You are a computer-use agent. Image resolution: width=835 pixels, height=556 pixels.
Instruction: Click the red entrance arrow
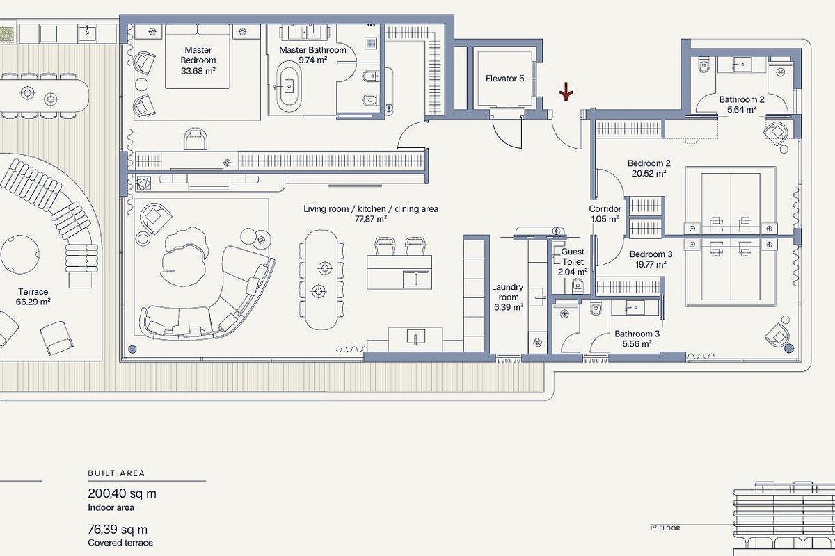point(566,92)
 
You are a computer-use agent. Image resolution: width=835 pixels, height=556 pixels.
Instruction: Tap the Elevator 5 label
point(504,79)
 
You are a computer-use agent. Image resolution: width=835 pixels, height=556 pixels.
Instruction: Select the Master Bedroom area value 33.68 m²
point(198,71)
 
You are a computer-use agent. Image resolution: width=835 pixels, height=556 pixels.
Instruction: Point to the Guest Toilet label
point(573,256)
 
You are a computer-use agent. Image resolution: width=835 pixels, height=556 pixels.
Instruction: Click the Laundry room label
point(507,292)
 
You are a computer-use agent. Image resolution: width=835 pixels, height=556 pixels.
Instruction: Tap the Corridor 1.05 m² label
point(605,214)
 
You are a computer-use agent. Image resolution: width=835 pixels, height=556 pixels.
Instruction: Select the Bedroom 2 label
point(649,163)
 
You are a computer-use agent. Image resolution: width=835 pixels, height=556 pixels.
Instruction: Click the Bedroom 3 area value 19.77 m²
point(651,264)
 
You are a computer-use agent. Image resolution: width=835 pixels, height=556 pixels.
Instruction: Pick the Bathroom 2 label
point(742,99)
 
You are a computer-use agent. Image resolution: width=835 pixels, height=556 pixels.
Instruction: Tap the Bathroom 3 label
point(637,334)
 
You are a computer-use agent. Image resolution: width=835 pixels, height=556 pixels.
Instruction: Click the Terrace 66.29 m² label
point(33,297)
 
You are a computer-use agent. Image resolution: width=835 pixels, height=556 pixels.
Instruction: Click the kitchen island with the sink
point(399,272)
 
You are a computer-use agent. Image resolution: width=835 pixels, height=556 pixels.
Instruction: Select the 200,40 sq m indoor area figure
point(122,494)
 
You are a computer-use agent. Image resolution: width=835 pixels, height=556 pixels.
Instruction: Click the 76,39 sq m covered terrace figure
point(118,529)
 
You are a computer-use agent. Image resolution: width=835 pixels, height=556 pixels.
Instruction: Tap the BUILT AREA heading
point(116,473)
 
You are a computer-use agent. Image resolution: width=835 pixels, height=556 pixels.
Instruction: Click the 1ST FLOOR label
point(665,528)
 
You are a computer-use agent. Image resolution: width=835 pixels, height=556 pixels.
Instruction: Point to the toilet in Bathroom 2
point(703,65)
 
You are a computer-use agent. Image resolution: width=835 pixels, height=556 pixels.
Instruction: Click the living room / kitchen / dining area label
point(370,209)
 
